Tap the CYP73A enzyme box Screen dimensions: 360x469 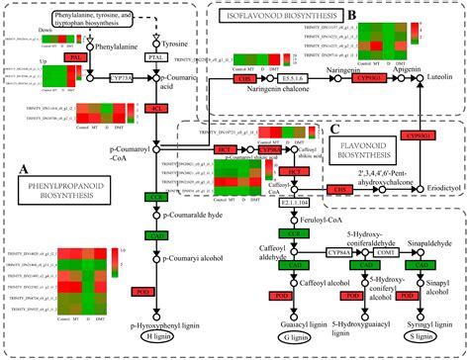point(122,74)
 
